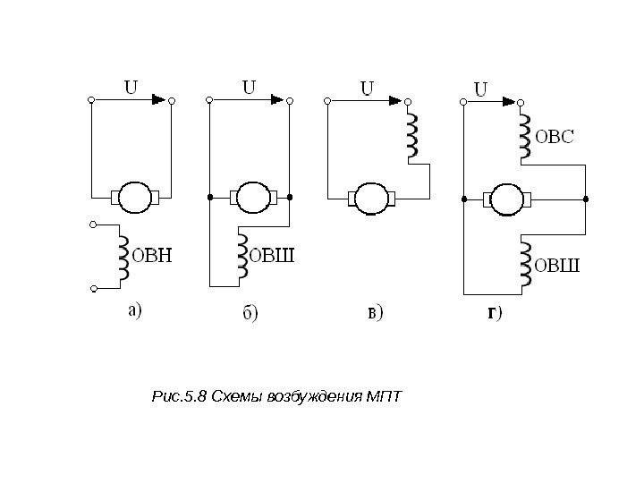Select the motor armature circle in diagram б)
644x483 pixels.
pyautogui.click(x=250, y=196)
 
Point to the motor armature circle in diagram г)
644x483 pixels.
pyautogui.click(x=507, y=198)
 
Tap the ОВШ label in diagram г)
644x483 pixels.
pyautogui.click(x=557, y=265)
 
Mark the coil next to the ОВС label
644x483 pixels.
pyautogui.click(x=524, y=134)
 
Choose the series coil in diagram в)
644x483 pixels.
pyautogui.click(x=412, y=137)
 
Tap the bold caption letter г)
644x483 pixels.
pyautogui.click(x=493, y=313)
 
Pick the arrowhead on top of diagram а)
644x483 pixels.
pyautogui.click(x=159, y=99)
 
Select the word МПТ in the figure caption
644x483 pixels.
pyautogui.click(x=385, y=396)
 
